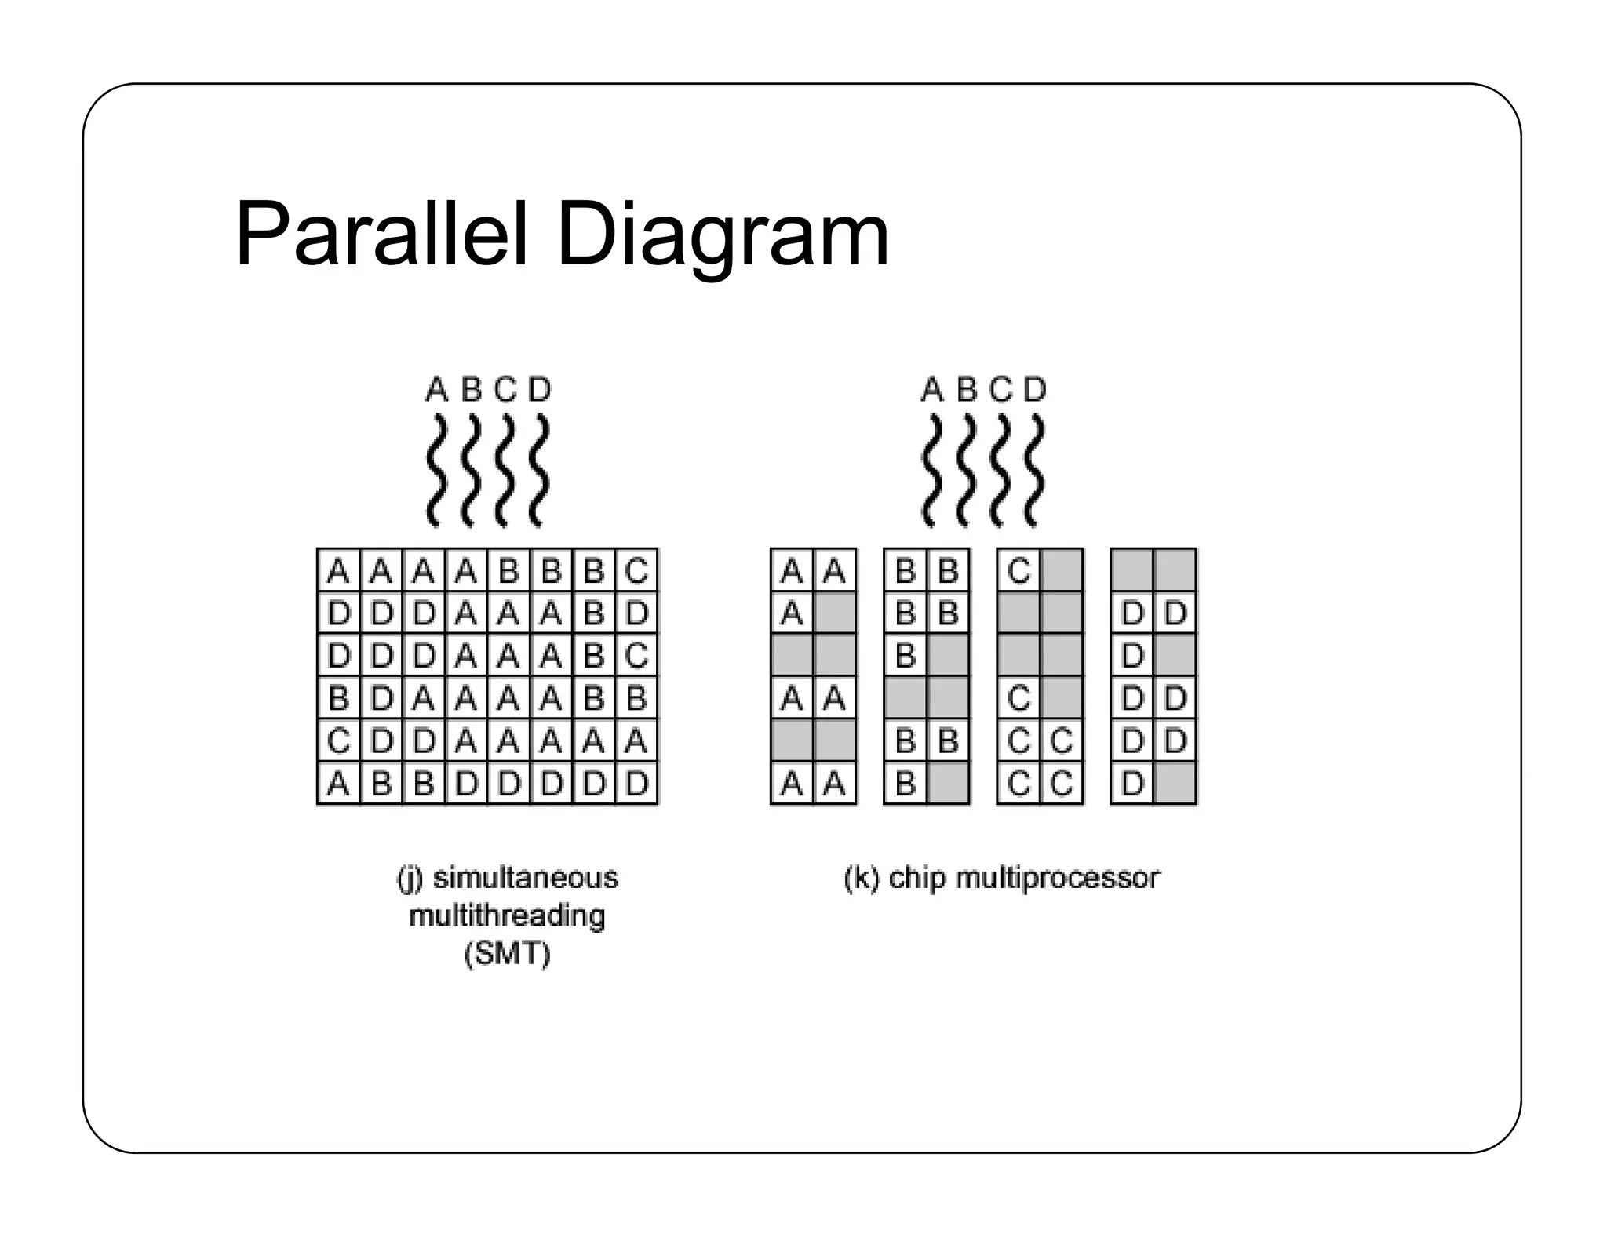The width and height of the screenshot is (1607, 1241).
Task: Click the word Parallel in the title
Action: [381, 235]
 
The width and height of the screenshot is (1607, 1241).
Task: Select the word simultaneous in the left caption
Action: [526, 878]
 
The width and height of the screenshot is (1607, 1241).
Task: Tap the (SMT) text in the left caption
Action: [507, 954]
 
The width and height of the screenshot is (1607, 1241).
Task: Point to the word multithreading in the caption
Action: [507, 915]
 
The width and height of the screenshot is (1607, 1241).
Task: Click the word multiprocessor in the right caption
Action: [1057, 878]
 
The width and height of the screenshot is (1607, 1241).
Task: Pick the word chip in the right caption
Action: [917, 878]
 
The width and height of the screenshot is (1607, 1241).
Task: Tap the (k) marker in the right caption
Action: [862, 878]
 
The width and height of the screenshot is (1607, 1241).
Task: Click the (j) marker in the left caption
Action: [410, 878]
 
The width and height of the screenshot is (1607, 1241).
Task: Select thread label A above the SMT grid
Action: [436, 389]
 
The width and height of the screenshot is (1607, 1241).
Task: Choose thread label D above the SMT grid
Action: [540, 389]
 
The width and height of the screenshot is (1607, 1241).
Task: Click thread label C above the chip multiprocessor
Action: [1000, 389]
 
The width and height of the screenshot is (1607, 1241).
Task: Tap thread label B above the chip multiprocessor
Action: [966, 389]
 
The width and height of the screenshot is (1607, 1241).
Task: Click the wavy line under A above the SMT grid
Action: [436, 471]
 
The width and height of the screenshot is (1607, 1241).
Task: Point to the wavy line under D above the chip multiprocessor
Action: [1035, 471]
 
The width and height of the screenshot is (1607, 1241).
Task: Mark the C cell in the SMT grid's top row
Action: [636, 570]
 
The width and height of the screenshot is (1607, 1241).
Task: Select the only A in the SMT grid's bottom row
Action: [338, 783]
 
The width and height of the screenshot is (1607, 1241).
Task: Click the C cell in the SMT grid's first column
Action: [338, 741]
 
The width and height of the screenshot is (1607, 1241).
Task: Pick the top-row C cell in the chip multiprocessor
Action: [1018, 570]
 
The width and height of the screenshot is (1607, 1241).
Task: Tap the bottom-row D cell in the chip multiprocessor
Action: [1132, 783]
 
